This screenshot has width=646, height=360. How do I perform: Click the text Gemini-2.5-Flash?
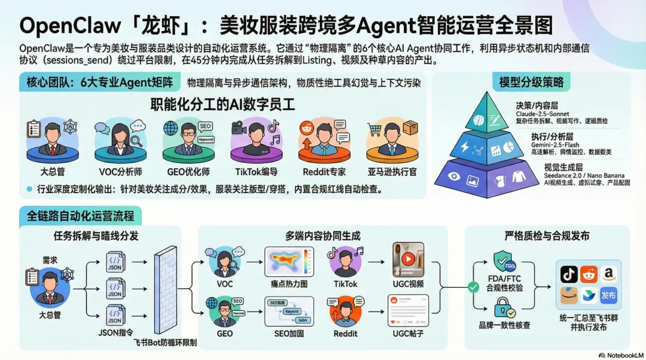(x=556, y=145)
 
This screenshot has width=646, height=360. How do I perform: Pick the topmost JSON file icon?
(x=115, y=261)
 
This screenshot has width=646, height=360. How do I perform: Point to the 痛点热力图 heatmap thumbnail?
(x=290, y=261)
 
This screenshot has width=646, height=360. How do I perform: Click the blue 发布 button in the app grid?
(x=608, y=295)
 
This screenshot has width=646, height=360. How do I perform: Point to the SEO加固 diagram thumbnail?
(x=290, y=312)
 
